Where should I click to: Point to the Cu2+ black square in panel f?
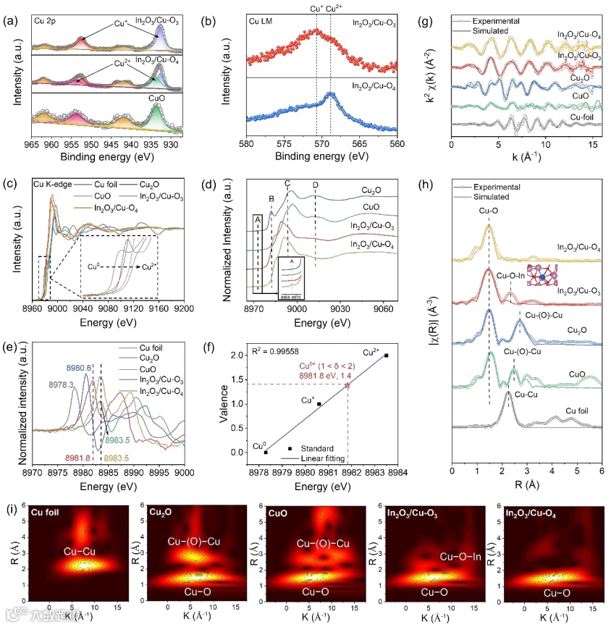coord(387,355)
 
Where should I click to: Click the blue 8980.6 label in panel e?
coord(82,368)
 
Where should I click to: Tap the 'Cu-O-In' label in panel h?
coord(512,275)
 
